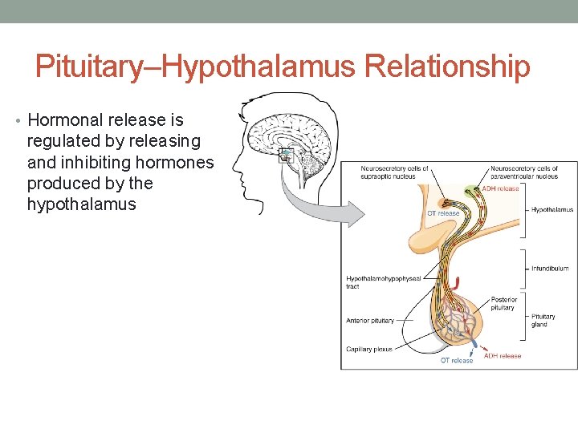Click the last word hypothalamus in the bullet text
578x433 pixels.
81,204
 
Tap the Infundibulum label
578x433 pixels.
550,269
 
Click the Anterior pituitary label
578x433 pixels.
370,321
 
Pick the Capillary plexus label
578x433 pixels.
369,349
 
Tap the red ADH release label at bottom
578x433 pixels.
503,355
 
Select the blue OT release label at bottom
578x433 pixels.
456,361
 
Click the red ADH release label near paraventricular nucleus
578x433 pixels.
500,188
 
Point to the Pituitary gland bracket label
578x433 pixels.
543,320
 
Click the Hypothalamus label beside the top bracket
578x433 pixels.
552,210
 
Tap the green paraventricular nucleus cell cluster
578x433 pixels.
470,191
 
